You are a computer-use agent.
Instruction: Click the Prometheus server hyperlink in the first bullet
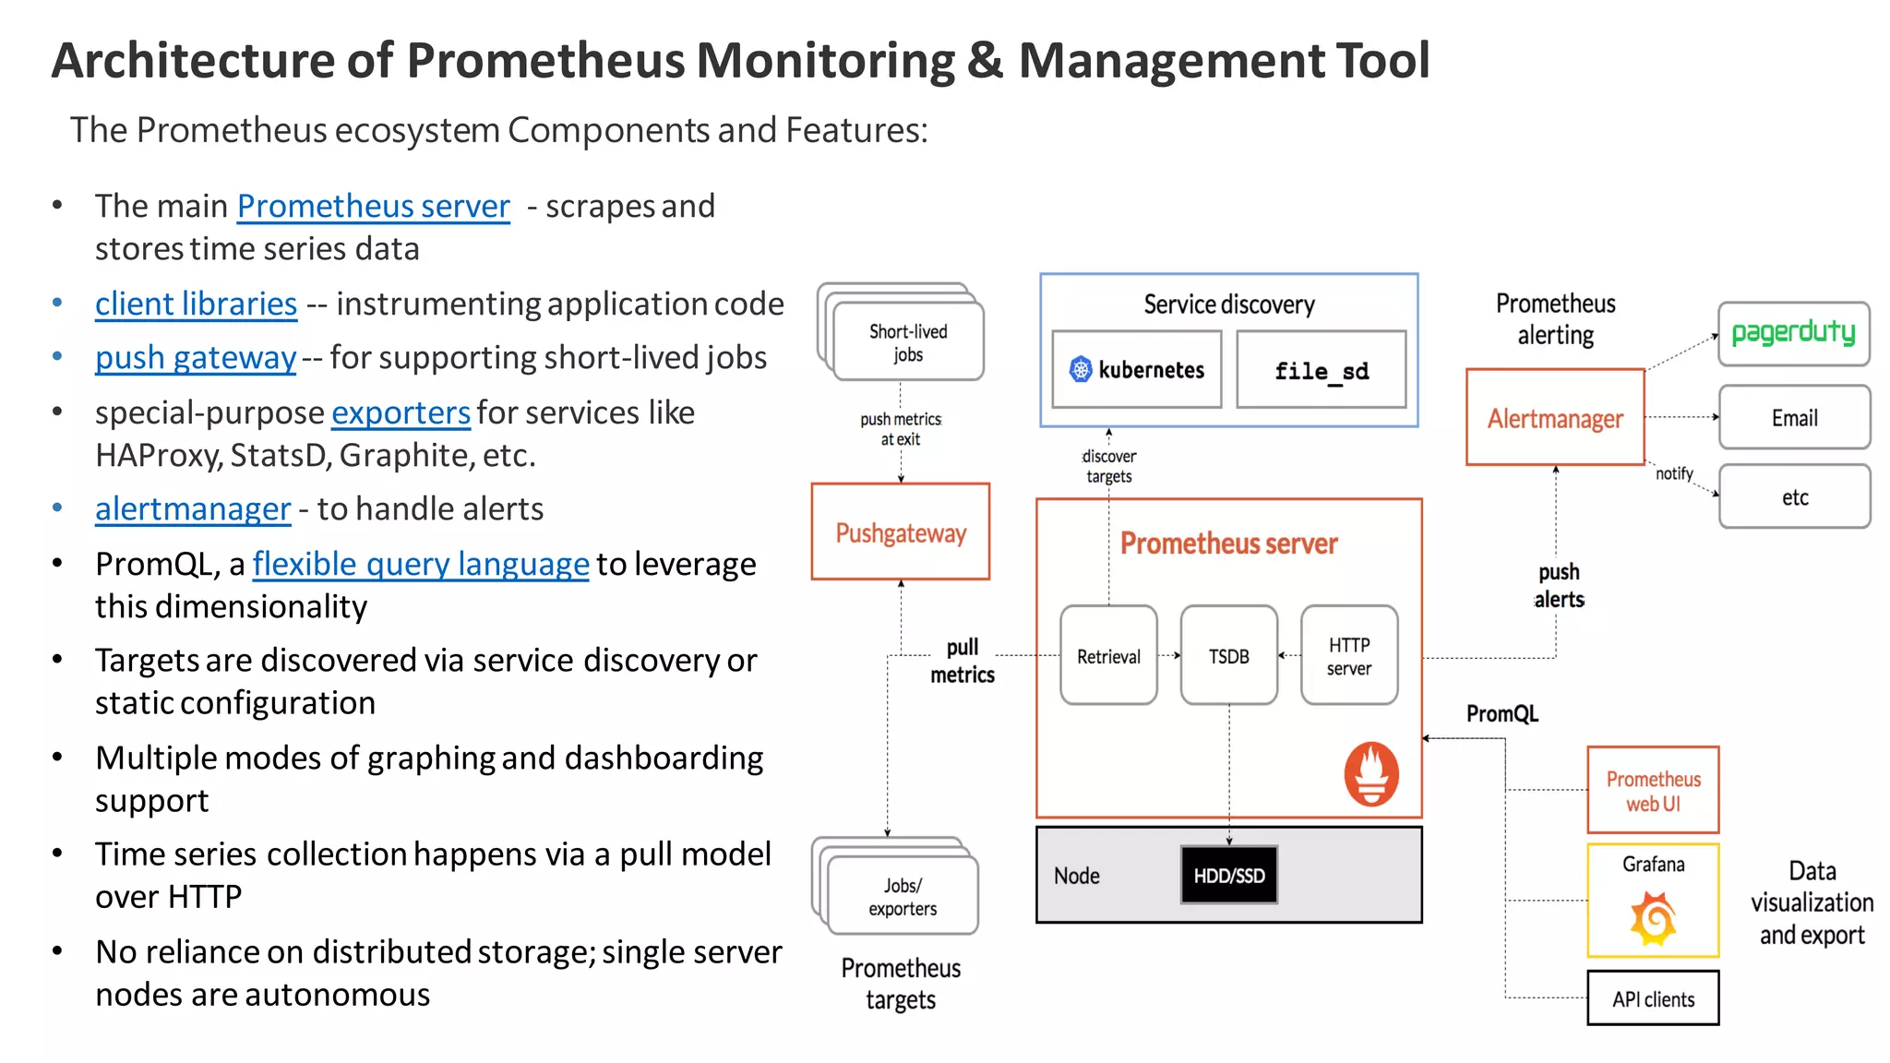point(373,206)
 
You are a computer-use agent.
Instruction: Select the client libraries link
point(196,304)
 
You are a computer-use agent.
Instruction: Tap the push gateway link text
point(196,357)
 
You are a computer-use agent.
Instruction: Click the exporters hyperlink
point(401,412)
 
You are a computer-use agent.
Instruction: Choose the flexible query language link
point(420,564)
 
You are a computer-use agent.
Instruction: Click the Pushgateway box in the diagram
point(900,532)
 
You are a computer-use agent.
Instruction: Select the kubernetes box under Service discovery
point(1136,370)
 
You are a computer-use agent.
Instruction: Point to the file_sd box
point(1321,370)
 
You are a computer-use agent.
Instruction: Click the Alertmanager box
point(1555,418)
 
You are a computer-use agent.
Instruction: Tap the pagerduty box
point(1793,333)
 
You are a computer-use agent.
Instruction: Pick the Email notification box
point(1794,418)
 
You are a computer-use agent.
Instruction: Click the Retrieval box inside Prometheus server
point(1108,656)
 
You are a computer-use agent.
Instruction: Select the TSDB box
point(1228,656)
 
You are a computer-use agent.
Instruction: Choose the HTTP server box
point(1348,656)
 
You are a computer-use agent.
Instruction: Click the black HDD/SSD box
point(1228,875)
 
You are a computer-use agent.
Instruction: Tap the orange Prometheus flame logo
point(1370,773)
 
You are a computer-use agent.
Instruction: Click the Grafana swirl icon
point(1653,918)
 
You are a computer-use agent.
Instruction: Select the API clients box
point(1653,998)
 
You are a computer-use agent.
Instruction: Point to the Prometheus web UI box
point(1653,791)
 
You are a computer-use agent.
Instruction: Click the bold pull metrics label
point(962,661)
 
